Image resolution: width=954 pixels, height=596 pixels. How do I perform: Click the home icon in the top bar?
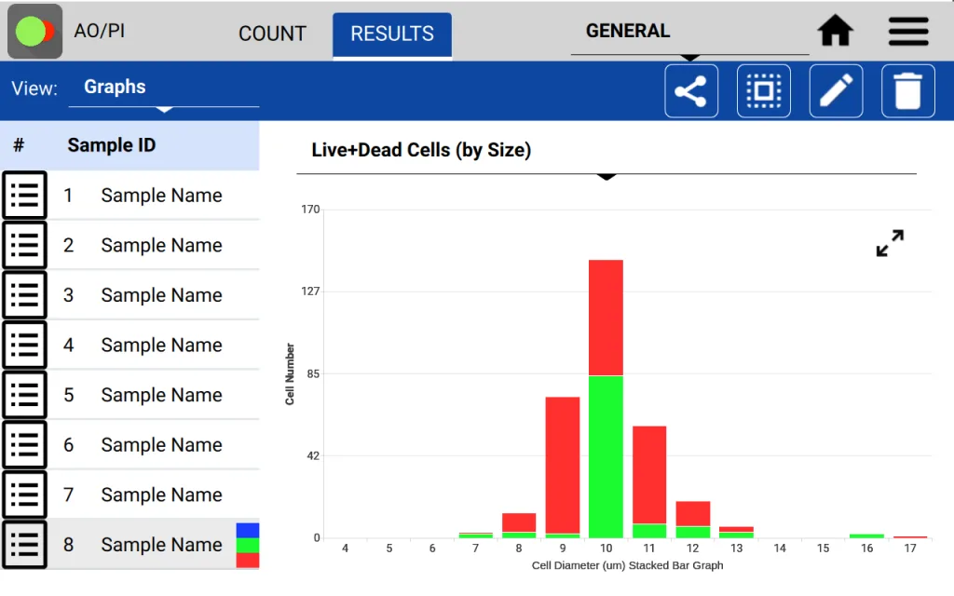point(836,32)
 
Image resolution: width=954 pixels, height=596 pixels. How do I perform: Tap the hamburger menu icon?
point(908,32)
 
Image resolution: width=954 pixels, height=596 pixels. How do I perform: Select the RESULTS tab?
point(392,34)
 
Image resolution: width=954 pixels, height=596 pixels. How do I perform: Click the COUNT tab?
point(272,34)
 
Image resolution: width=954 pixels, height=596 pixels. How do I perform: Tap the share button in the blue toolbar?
point(690,91)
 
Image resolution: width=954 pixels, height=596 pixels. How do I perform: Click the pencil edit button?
point(836,91)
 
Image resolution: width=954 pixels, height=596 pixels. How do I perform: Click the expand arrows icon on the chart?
point(890,243)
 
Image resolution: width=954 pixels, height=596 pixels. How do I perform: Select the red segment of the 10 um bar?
point(606,317)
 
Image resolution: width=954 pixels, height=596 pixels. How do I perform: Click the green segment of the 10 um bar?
point(606,456)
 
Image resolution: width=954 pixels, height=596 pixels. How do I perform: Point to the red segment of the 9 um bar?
point(563,466)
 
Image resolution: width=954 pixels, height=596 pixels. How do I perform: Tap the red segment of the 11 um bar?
point(649,475)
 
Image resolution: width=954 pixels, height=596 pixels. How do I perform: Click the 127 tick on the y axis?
point(335,291)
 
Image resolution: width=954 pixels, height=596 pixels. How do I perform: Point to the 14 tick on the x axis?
point(780,549)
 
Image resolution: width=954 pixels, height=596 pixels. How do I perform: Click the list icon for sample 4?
point(24,345)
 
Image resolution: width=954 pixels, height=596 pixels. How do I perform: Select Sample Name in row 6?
point(161,445)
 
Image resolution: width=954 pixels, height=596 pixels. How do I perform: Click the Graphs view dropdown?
point(163,88)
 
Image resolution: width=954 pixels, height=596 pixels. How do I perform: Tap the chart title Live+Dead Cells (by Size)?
point(421,150)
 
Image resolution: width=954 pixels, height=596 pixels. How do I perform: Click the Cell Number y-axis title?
point(290,373)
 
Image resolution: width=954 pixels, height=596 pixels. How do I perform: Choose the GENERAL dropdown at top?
point(689,33)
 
